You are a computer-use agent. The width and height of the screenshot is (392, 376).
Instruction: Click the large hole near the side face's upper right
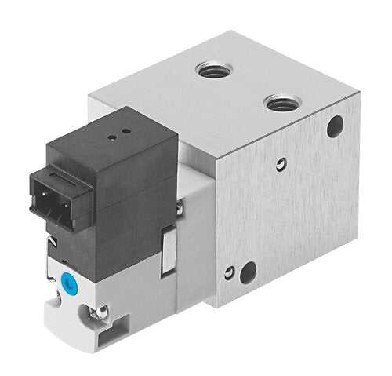coord(336,124)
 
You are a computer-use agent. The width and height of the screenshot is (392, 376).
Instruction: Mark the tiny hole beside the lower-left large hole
coord(228,272)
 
